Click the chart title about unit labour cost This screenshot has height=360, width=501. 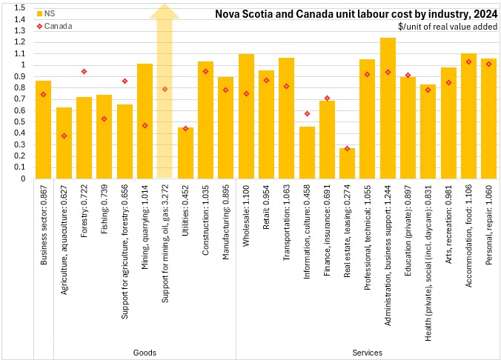[356, 13]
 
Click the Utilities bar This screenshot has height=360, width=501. [185, 153]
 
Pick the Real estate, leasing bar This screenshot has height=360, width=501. [347, 164]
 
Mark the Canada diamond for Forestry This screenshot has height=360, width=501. [84, 71]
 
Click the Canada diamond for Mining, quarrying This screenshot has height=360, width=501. [145, 125]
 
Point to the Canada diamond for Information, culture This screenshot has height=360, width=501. [307, 113]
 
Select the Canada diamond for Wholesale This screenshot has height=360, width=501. [246, 93]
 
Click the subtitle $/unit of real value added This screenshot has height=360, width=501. [445, 27]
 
